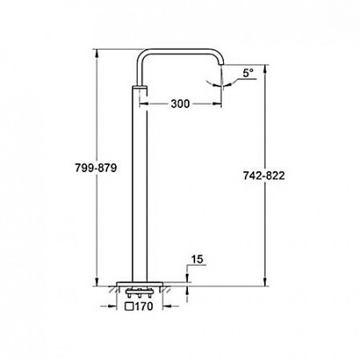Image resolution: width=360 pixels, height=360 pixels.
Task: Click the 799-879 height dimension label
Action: point(96,168)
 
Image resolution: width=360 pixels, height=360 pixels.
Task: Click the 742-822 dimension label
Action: point(264,176)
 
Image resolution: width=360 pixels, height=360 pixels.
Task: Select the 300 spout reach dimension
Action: point(180,104)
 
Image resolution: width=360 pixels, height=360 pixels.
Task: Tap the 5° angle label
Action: point(248,73)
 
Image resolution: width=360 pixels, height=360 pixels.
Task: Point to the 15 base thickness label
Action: point(198,259)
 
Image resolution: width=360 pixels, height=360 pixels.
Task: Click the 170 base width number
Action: point(144,306)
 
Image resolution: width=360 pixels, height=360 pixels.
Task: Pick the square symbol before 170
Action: point(129,306)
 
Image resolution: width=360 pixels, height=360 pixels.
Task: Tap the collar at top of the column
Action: point(140,88)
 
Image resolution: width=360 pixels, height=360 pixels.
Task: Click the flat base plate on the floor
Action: point(140,284)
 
